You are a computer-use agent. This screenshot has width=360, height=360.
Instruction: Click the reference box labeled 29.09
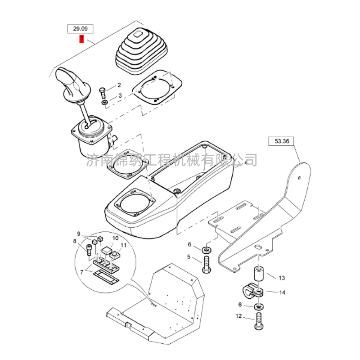(x=80, y=29)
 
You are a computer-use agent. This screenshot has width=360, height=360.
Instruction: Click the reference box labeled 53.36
(x=282, y=141)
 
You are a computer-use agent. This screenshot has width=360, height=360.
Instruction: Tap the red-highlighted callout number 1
(x=81, y=39)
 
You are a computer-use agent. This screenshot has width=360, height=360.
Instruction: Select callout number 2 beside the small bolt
(x=119, y=85)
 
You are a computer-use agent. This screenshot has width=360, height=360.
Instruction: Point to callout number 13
(x=282, y=278)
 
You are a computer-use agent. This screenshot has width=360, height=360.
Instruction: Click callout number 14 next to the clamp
(x=282, y=292)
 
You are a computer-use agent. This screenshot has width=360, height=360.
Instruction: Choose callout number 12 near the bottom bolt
(x=239, y=316)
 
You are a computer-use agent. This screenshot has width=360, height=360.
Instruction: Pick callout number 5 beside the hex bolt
(x=189, y=256)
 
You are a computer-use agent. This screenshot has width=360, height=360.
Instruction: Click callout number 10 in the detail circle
(x=115, y=238)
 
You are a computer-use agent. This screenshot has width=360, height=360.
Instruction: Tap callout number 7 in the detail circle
(x=82, y=272)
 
